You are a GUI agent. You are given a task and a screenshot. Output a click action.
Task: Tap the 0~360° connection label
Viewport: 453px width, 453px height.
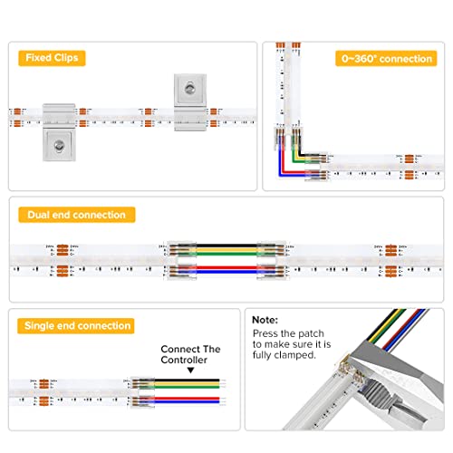coord(387,58)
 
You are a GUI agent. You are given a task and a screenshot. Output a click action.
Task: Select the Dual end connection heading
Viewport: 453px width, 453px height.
coord(77,215)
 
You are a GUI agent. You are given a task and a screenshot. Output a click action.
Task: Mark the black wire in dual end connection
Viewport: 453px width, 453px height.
coord(222,245)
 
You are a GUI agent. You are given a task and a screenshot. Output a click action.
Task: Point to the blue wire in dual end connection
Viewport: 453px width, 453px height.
coord(222,269)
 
